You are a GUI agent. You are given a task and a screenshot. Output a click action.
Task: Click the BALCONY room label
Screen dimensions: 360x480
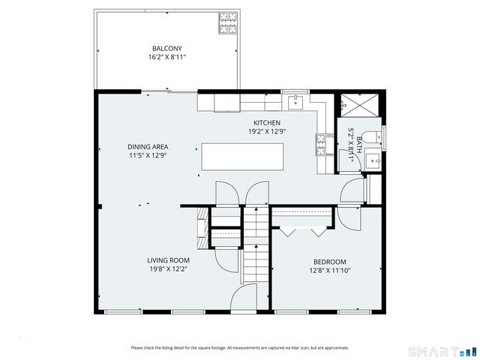pyautogui.click(x=166, y=48)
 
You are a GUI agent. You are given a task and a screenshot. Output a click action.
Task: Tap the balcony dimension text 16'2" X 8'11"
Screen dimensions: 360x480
pyautogui.click(x=166, y=56)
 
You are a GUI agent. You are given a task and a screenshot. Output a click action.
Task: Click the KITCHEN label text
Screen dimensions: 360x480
pyautogui.click(x=266, y=123)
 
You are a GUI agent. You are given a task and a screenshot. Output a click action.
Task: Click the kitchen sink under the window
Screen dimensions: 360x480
pyautogui.click(x=295, y=100)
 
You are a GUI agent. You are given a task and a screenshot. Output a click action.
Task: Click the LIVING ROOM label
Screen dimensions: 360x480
pyautogui.click(x=167, y=260)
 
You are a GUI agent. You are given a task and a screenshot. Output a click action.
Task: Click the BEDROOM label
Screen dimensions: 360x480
pyautogui.click(x=328, y=262)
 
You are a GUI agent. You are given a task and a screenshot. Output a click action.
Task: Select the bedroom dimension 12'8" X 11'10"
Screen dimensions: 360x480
pyautogui.click(x=328, y=271)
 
